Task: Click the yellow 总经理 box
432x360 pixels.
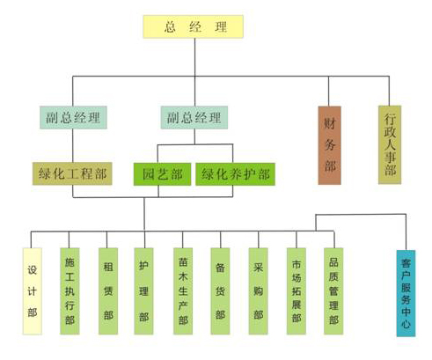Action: point(194,26)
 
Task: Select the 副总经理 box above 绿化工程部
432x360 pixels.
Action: point(73,118)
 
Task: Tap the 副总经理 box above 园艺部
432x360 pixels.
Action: point(194,118)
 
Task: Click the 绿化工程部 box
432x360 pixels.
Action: point(72,173)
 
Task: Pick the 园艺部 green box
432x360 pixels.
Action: point(163,174)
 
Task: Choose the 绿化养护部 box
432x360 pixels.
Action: point(236,174)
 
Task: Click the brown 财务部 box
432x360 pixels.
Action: point(330,145)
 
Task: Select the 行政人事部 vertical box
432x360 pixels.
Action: point(390,145)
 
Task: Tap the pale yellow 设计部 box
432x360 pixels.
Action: point(33,291)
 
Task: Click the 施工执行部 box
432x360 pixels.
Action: point(70,291)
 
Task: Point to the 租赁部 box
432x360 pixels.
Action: point(108,291)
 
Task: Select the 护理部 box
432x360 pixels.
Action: point(143,291)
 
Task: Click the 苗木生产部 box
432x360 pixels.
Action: point(183,291)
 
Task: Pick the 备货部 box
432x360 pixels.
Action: point(220,291)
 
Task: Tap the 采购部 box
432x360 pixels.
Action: point(259,291)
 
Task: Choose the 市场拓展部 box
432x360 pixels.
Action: point(297,291)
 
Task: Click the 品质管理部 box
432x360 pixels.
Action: point(333,291)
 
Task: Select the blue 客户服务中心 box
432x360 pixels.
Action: point(406,293)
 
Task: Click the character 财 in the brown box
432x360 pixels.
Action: point(330,123)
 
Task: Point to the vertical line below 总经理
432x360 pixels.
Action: point(194,57)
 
